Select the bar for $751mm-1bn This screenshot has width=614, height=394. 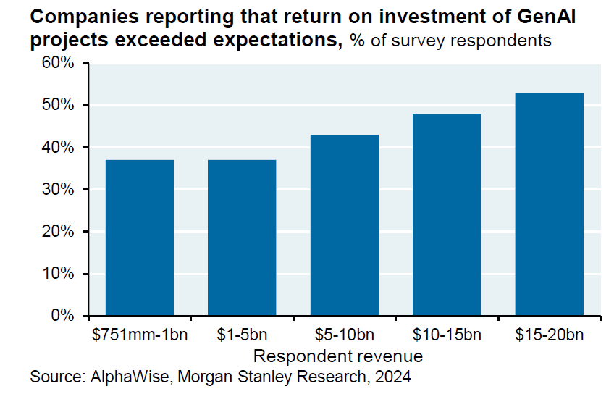tap(140, 238)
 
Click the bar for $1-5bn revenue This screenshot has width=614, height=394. tap(242, 238)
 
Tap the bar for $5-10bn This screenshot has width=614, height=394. tap(344, 225)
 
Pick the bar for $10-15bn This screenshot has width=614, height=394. tap(447, 214)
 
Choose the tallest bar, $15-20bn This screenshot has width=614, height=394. tap(549, 204)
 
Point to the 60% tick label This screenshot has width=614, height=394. tap(57, 63)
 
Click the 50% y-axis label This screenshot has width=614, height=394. tap(57, 105)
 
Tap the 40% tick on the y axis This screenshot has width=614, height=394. tap(57, 148)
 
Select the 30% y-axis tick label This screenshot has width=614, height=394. tap(57, 190)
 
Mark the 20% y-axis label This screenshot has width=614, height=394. tap(57, 232)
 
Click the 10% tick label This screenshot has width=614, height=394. tap(57, 274)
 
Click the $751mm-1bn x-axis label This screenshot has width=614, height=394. tap(140, 335)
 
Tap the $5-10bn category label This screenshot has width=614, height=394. tap(344, 335)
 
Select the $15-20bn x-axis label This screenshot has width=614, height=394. tap(549, 335)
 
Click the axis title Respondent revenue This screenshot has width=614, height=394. tap(338, 356)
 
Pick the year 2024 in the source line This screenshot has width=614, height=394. tap(395, 377)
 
